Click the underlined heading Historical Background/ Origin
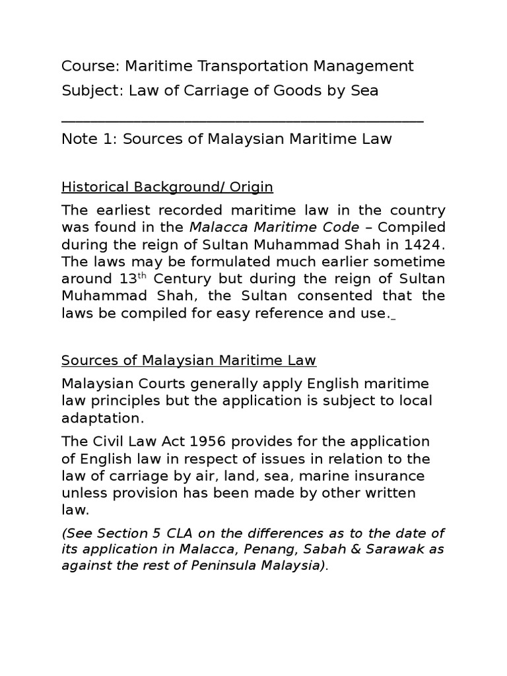(x=167, y=187)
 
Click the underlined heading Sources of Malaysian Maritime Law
(x=189, y=360)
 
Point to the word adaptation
(x=102, y=419)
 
